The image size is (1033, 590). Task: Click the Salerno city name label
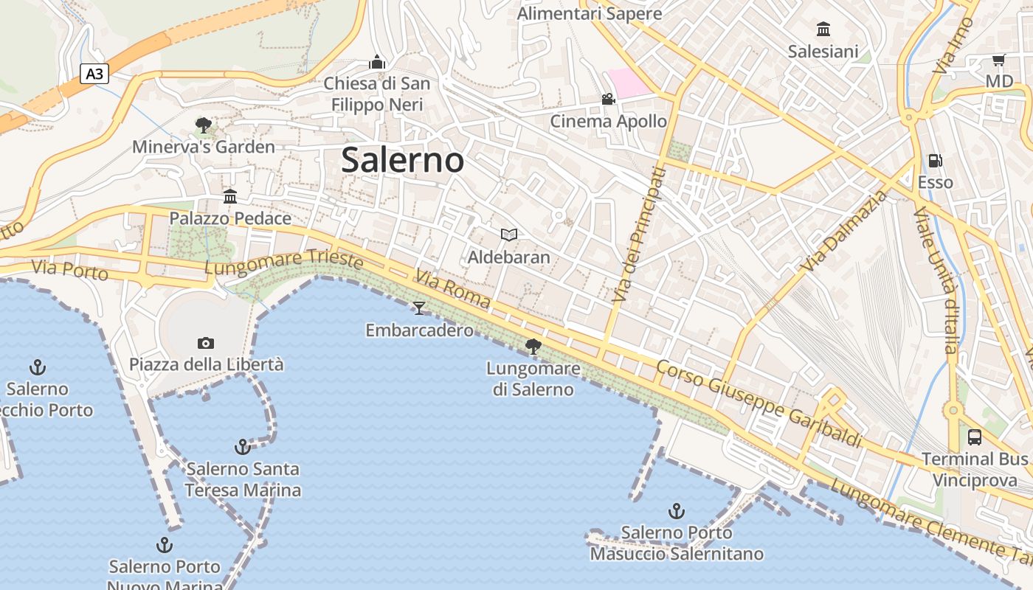click(x=403, y=160)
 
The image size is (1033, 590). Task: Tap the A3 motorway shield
click(x=94, y=74)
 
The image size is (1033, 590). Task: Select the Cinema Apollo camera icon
click(x=608, y=100)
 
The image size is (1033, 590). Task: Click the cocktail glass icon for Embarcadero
click(x=419, y=308)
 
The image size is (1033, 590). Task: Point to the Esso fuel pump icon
click(x=935, y=161)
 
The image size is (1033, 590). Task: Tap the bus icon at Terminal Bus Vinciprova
click(x=975, y=437)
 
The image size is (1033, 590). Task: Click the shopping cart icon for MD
click(x=999, y=60)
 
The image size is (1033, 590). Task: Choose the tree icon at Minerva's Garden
click(x=204, y=125)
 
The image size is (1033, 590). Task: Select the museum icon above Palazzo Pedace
click(x=230, y=196)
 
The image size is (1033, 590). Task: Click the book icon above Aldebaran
click(x=509, y=235)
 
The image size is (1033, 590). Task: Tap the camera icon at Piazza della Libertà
click(x=206, y=343)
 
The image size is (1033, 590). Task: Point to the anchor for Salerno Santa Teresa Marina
click(x=242, y=447)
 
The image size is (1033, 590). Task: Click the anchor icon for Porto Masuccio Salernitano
click(x=677, y=510)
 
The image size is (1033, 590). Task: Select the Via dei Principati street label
click(x=639, y=234)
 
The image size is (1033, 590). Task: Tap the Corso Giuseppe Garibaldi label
click(x=759, y=403)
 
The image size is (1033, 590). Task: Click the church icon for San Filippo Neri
click(x=377, y=62)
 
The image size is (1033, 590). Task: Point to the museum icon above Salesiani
click(x=823, y=29)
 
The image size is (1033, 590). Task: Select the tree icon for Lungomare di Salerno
click(x=533, y=346)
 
